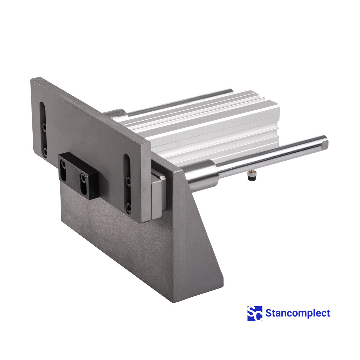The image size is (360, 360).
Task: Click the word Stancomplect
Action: tap(298, 313)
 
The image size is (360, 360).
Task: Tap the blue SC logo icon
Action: tap(255, 313)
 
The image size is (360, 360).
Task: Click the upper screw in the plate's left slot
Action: tap(44, 127)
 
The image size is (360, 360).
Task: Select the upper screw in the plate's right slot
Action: tap(128, 181)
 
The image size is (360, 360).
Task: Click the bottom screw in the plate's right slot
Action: tap(128, 207)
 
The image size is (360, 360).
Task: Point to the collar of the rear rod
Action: tap(116, 114)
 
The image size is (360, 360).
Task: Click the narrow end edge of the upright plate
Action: tap(146, 183)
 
